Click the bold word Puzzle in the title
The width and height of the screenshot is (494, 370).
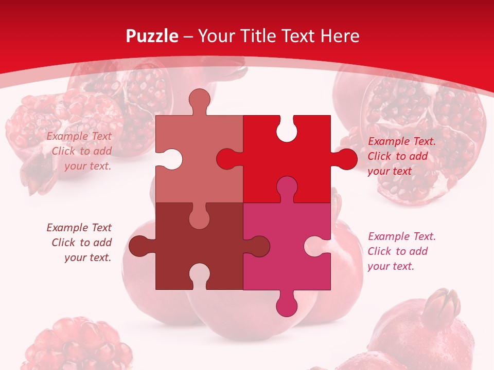152,36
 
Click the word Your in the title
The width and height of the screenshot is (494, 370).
216,36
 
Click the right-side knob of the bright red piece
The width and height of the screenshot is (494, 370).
346,159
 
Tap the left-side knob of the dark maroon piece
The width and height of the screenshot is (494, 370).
139,246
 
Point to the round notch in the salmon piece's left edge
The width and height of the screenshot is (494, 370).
170,159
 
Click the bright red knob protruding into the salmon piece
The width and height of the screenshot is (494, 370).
228,159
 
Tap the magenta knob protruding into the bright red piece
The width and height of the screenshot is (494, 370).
287,187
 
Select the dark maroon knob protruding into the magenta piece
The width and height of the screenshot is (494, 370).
258,246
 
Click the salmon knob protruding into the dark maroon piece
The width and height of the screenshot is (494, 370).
200,217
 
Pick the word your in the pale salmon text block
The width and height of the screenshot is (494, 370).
76,166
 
